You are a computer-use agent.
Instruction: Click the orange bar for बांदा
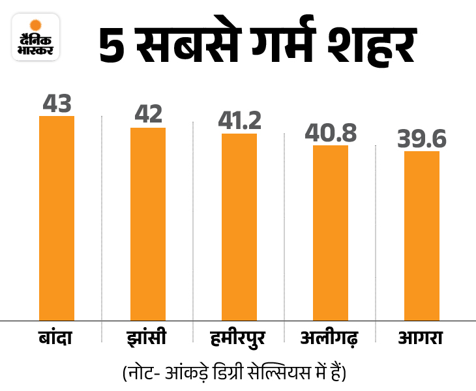coord(57,218)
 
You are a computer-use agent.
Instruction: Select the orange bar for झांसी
coord(148,224)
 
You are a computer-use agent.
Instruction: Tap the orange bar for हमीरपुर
coord(239,226)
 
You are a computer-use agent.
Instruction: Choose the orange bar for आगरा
coord(422,235)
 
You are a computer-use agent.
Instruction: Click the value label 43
coord(57,103)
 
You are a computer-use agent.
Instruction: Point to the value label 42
coord(148,115)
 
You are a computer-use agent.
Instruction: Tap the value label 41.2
coord(239,121)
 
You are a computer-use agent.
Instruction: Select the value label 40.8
coord(331,132)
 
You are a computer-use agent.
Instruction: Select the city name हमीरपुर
coord(239,338)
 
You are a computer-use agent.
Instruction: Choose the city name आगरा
coord(421,338)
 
